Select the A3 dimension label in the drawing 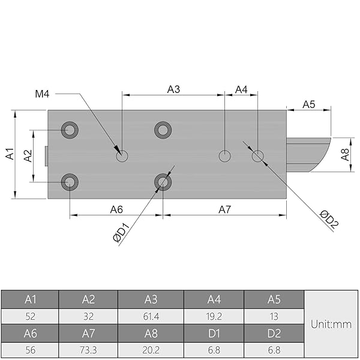[173, 89]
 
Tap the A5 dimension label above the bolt [308, 104]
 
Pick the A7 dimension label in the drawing [224, 209]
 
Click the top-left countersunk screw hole [70, 130]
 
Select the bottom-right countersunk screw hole [163, 182]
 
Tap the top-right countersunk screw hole [163, 130]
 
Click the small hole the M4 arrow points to [122, 156]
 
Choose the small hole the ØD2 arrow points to [257, 156]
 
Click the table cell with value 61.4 [151, 316]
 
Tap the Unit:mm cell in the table [331, 324]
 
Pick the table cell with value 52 [30, 316]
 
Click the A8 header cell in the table [151, 333]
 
